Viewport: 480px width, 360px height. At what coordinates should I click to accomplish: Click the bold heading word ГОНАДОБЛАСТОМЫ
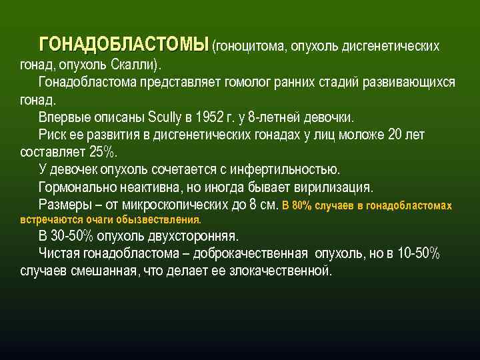[124, 45]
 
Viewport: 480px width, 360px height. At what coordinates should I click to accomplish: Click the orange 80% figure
[305, 205]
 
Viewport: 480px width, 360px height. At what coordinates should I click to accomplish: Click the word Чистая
[61, 253]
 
